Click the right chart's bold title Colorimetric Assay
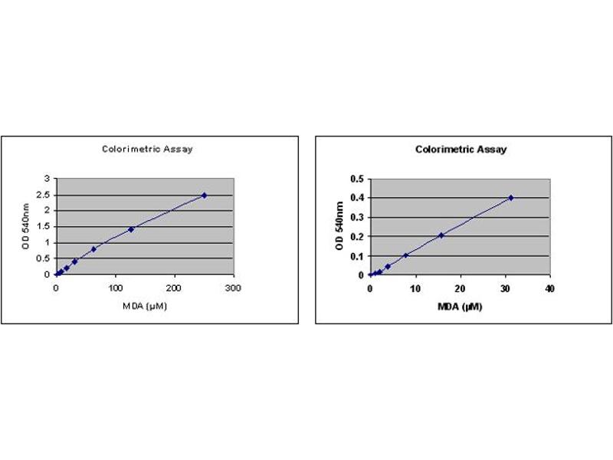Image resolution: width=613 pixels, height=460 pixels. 461,149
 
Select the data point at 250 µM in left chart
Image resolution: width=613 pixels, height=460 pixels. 204,195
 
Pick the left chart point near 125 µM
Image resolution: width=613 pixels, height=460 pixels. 131,228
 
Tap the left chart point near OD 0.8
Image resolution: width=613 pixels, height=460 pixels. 93,248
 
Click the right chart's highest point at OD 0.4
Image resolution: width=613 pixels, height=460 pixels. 510,198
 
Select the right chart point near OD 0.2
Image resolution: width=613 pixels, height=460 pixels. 441,235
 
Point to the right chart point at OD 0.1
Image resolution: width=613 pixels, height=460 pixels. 405,255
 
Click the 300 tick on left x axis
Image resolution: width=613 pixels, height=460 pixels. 234,288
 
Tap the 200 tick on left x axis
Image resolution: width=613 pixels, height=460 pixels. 175,288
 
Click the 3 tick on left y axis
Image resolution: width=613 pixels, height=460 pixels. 49,179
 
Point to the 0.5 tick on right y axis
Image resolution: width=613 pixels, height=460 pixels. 356,179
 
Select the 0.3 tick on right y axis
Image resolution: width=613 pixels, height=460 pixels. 356,217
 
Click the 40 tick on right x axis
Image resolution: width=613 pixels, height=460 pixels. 549,288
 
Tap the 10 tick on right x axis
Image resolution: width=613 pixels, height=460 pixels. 415,288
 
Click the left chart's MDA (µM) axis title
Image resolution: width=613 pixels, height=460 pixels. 145,307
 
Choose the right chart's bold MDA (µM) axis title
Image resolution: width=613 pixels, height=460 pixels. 460,305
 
